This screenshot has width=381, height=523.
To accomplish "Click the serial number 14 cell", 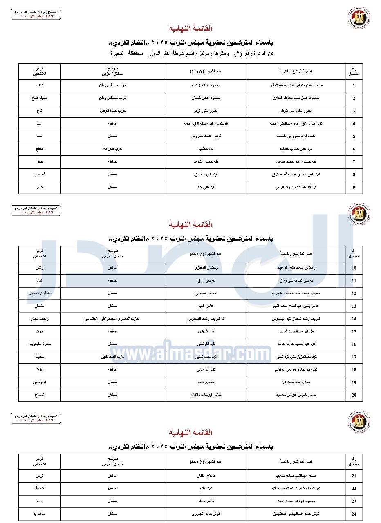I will coord(354,319).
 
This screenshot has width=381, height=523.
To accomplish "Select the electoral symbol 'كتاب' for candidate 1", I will coord(39,85).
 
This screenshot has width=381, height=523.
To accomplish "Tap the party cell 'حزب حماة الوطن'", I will coord(113,111).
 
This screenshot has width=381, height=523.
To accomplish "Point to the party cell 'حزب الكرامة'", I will coord(113,149).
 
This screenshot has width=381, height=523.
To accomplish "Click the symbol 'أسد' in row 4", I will coord(39,123).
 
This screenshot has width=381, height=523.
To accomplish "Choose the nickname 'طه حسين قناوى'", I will coord(206,162).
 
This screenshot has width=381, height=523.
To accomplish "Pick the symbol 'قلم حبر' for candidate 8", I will coord(39,174).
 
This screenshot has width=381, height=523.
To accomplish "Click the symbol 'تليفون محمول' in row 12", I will coord(39,293).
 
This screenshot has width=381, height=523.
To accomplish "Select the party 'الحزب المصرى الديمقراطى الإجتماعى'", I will coord(113,319).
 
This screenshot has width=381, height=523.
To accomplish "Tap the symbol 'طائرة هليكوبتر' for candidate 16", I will coord(39,344).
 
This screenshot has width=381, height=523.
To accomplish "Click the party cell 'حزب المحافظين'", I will coord(113,357).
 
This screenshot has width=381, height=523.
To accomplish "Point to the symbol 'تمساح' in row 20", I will coord(39,395).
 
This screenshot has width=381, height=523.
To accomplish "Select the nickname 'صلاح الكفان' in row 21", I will coord(206,476).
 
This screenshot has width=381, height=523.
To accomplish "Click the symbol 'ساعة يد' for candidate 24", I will coord(39,514).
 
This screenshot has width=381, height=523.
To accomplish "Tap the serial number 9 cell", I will coord(354,188).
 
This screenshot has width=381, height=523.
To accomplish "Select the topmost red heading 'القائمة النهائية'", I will coord(190,29).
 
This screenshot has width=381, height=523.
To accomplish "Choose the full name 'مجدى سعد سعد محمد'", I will coord(296,382).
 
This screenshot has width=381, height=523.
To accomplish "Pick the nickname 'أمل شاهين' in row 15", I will coord(206,331).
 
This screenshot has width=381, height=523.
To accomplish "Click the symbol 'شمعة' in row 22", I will coord(39,488).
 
